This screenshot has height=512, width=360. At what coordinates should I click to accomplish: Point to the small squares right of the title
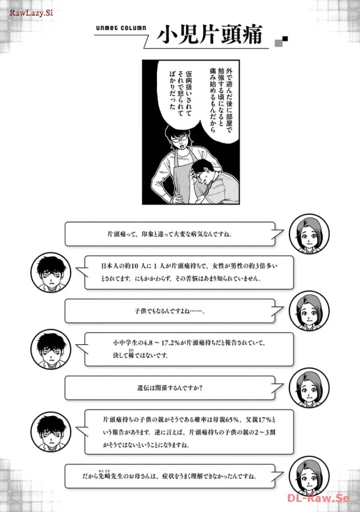click(281, 41)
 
